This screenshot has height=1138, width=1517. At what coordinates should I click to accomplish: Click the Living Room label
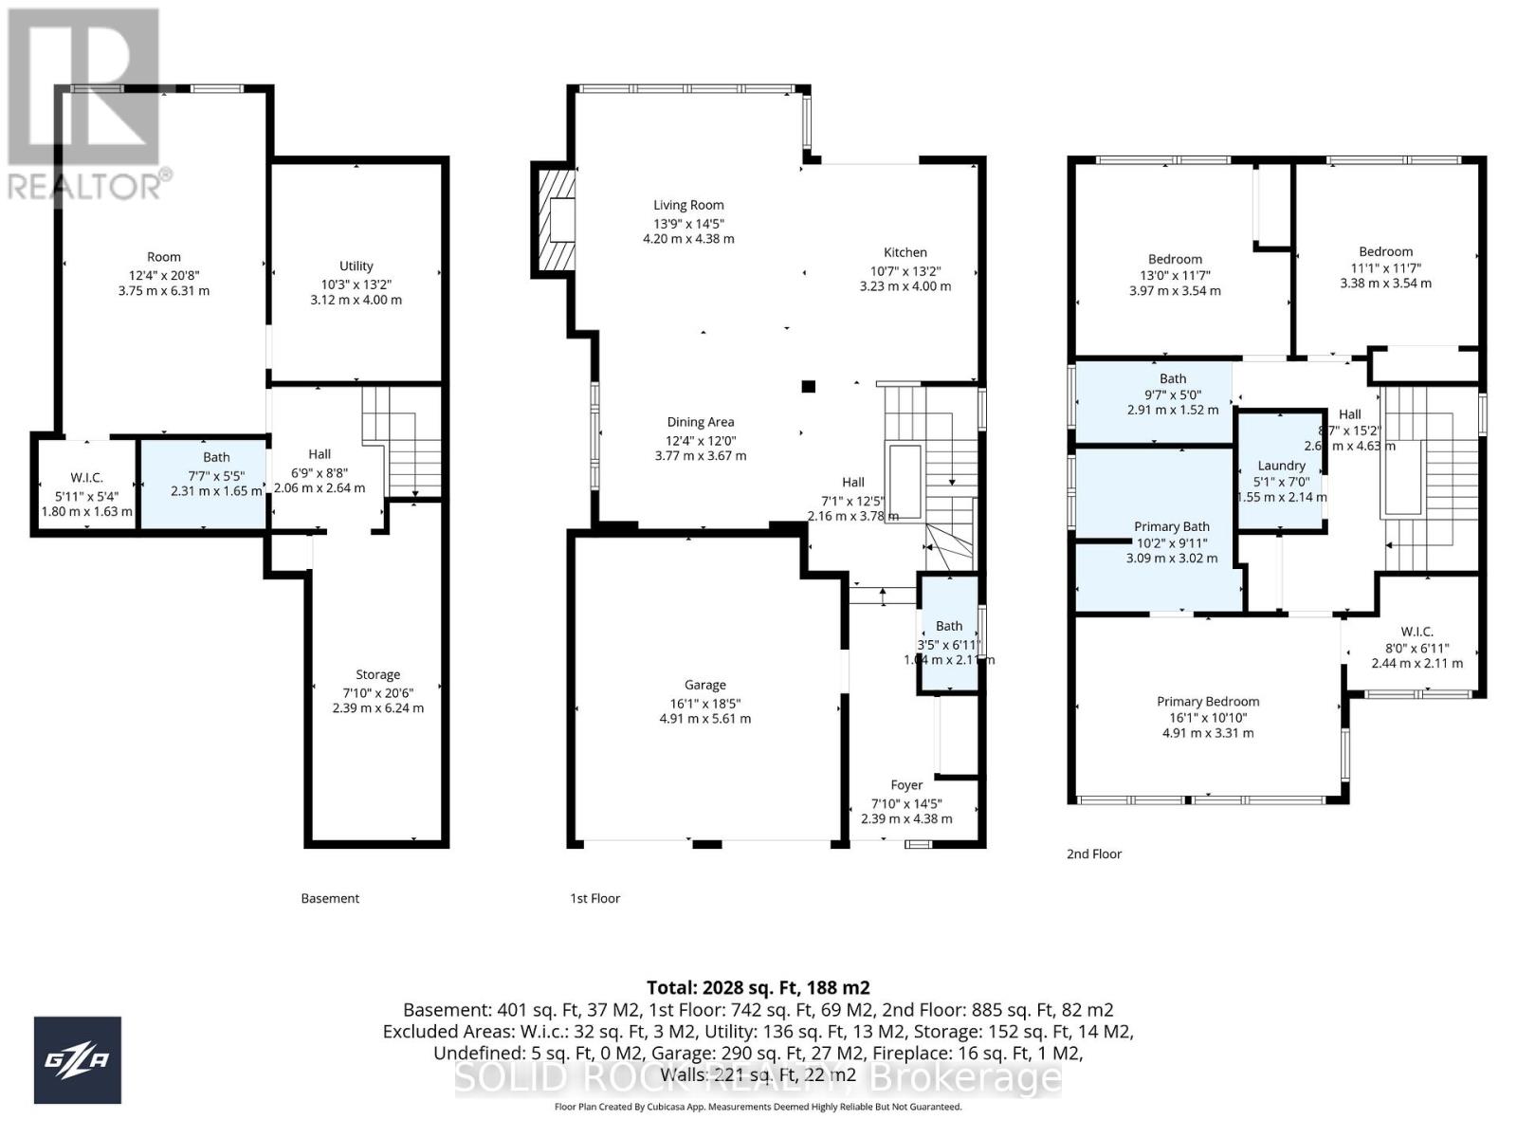point(688,205)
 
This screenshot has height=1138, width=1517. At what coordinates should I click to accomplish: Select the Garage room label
point(704,685)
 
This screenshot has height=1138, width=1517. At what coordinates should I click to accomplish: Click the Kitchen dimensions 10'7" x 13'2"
point(905,269)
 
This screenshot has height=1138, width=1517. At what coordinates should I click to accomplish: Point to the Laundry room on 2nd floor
point(1281,466)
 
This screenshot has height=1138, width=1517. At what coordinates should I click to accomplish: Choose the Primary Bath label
point(1171,526)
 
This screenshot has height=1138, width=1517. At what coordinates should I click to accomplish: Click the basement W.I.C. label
point(86,478)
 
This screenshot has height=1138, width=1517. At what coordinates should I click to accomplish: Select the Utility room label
point(356,266)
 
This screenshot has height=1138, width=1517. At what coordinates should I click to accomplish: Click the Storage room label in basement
point(377,675)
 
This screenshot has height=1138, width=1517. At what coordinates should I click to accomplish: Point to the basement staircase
point(403,444)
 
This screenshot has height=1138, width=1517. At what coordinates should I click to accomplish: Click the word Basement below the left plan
point(330,898)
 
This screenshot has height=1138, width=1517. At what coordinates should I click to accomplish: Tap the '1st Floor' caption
point(594,898)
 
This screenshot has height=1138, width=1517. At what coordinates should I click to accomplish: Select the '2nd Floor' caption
point(1093,853)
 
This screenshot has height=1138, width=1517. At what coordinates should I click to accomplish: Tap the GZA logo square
point(78,1060)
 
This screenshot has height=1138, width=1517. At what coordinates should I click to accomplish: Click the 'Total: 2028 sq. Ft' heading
point(758,987)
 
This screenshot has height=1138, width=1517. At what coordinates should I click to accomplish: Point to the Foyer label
point(906,785)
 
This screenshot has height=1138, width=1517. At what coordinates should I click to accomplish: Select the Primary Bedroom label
point(1207,702)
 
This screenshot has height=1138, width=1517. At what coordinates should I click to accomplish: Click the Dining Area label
point(700,422)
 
